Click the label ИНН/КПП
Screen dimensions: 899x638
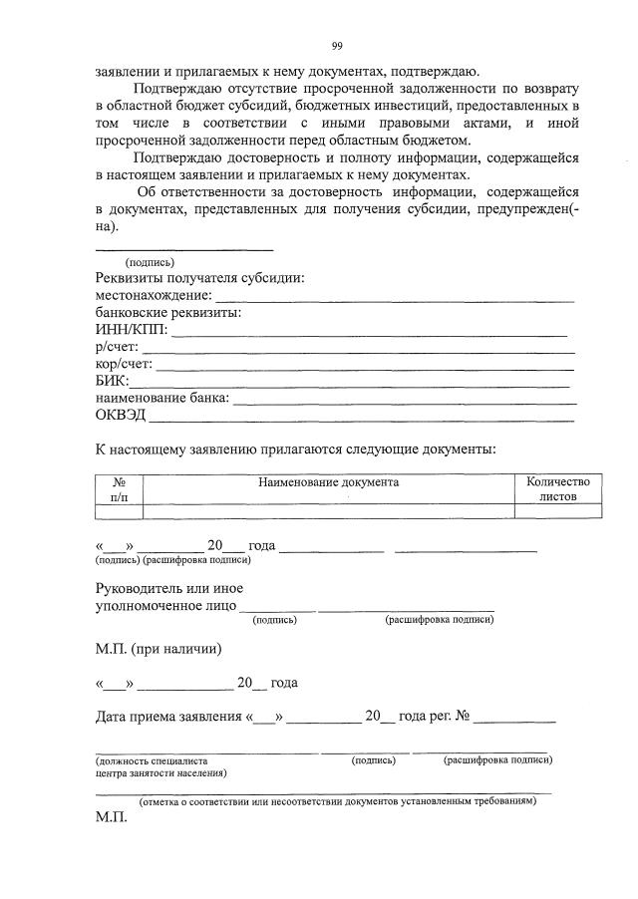tap(132, 330)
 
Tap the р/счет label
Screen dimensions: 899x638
tap(118, 347)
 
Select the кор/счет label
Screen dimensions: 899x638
tap(125, 364)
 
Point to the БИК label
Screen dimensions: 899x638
tap(112, 381)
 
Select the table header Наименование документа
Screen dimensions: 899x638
tap(328, 482)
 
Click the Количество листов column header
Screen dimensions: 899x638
tap(558, 488)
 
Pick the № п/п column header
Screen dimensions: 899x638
tap(119, 488)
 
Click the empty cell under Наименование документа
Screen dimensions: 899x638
tap(328, 511)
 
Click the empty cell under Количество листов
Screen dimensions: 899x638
tap(558, 511)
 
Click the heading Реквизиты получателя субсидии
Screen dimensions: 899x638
tap(199, 279)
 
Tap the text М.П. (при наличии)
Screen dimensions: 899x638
tap(159, 649)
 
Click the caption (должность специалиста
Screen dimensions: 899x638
tap(146, 760)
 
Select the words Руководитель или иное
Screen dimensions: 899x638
tap(169, 588)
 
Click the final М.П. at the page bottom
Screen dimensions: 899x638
tap(113, 816)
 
